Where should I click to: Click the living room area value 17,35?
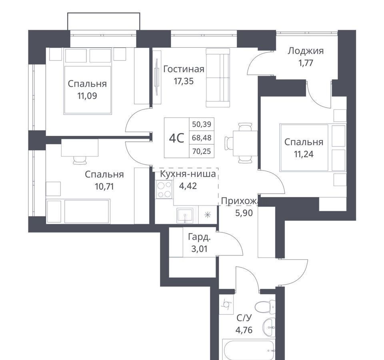click(184, 81)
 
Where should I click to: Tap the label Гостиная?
click(184, 69)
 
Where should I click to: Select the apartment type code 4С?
click(176, 138)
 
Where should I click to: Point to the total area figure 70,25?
click(202, 151)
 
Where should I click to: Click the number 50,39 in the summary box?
click(202, 124)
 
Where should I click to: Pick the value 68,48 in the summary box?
click(202, 138)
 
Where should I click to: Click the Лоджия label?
click(306, 51)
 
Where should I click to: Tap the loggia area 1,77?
click(306, 63)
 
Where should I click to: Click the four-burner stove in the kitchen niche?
click(164, 189)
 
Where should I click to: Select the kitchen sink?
click(185, 215)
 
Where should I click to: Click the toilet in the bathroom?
click(265, 306)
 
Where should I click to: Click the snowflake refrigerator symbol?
click(208, 215)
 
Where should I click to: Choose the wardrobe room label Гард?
click(199, 237)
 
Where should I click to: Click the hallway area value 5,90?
click(244, 213)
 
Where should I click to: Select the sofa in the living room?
click(218, 78)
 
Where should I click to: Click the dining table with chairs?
click(241, 143)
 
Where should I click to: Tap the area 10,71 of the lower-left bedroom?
click(104, 187)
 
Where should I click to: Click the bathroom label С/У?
click(244, 318)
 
